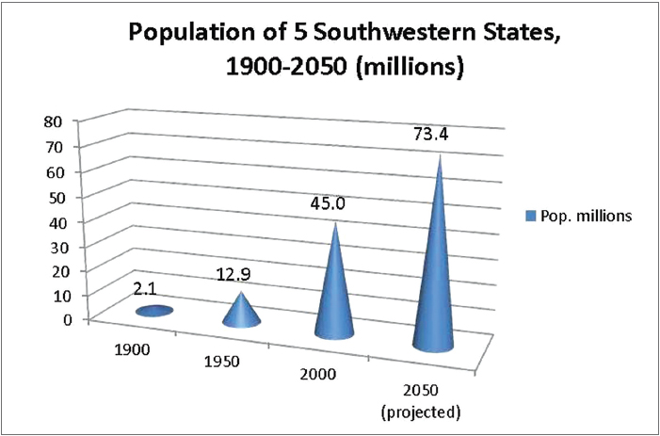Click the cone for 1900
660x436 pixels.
(x=153, y=311)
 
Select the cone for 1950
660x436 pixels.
(x=241, y=314)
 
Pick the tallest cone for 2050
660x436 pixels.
(x=436, y=273)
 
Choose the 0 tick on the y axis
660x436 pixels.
(x=66, y=318)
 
